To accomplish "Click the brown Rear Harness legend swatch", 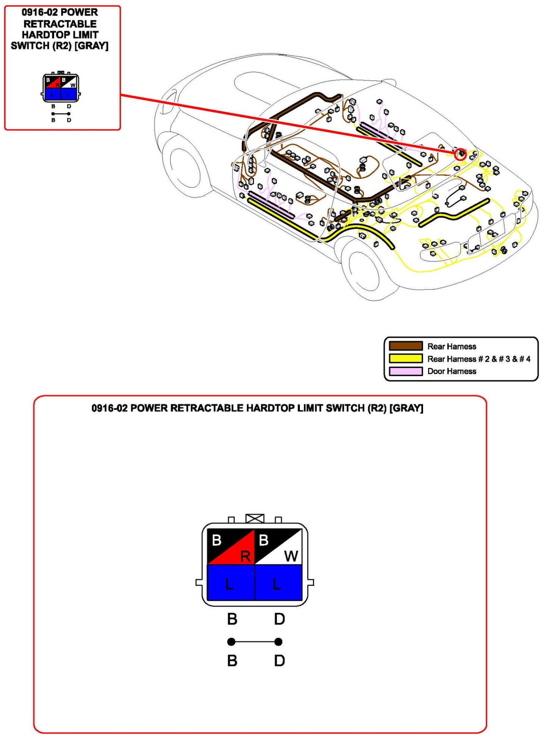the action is [405, 346].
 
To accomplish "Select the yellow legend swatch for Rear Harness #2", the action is [405, 358].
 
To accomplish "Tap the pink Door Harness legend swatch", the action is [405, 371].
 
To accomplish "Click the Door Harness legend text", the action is [451, 371].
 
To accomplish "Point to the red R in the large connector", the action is [245, 556].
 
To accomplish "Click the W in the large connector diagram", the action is [291, 556].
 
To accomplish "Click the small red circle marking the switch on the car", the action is [461, 154].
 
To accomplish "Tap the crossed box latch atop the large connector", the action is [255, 518].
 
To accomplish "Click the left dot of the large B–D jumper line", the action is [231, 642].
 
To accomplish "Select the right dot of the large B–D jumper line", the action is [278, 642].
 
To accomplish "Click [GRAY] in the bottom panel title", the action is [406, 408].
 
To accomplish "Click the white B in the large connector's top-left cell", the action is [217, 540].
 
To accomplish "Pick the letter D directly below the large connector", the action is [279, 619].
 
